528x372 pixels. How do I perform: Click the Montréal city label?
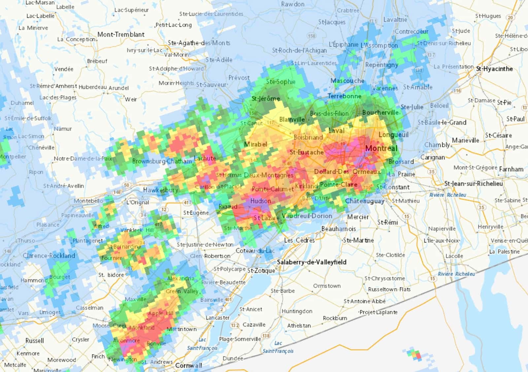pyautogui.click(x=381, y=148)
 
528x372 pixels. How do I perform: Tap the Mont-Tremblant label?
pyautogui.click(x=121, y=34)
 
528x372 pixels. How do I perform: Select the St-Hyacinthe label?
pyautogui.click(x=494, y=69)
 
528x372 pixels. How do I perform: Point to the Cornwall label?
pyautogui.click(x=188, y=365)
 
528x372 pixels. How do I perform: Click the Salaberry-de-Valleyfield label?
pyautogui.click(x=312, y=262)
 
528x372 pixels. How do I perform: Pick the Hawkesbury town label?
pyautogui.click(x=161, y=190)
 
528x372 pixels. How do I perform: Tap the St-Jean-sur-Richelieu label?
pyautogui.click(x=474, y=183)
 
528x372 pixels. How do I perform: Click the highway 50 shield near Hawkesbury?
pyautogui.click(x=127, y=185)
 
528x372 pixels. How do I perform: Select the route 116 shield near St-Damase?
pyautogui.click(x=457, y=91)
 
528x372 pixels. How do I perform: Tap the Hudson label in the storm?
pyautogui.click(x=261, y=201)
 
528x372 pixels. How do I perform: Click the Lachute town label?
pyautogui.click(x=205, y=158)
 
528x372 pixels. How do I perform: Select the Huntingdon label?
pyautogui.click(x=297, y=311)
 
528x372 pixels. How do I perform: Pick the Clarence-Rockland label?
pyautogui.click(x=49, y=256)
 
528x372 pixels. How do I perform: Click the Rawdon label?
pyautogui.click(x=293, y=4)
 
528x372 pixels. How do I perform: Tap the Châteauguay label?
pyautogui.click(x=365, y=201)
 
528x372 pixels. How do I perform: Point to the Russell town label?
pyautogui.click(x=35, y=341)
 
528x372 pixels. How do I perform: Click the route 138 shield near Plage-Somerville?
pyautogui.click(x=266, y=336)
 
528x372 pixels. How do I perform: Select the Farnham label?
pyautogui.click(x=511, y=169)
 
